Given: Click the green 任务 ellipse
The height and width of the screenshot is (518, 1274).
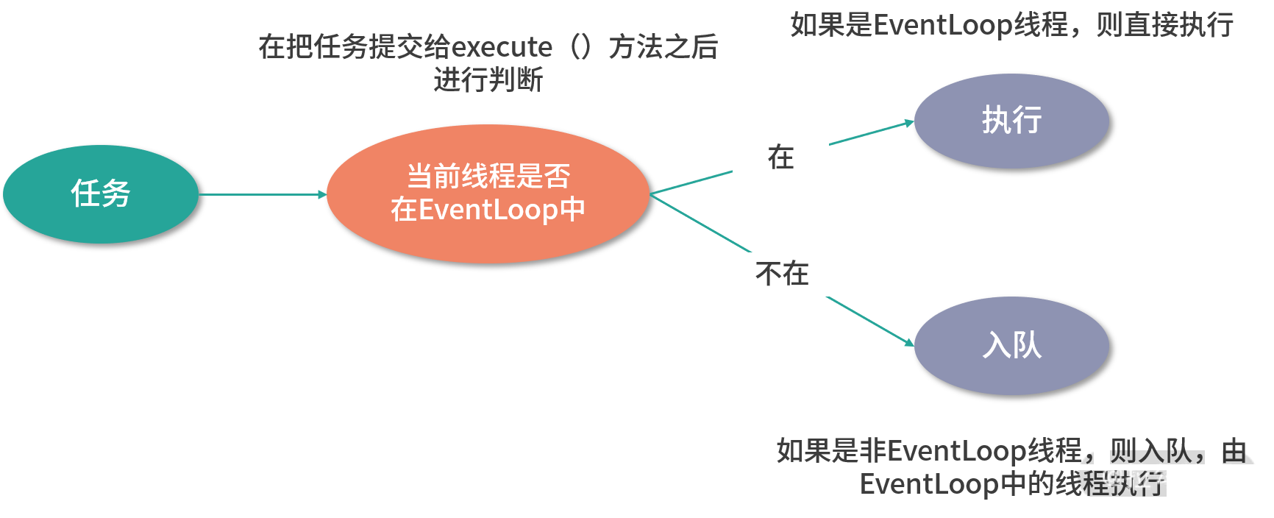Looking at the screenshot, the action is pos(101,194).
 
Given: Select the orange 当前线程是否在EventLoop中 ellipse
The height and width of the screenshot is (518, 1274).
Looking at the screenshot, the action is pos(488,194).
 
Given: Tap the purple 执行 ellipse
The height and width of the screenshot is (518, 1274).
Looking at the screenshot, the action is pos(1011,121).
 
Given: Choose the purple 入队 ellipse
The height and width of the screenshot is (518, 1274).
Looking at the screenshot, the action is pos(1011,345).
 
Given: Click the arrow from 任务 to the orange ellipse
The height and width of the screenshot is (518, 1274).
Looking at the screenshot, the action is pos(262,194).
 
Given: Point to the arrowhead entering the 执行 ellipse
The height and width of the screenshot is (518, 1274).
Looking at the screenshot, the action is pos(910,123).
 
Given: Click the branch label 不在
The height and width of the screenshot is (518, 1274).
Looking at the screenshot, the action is pos(782,274).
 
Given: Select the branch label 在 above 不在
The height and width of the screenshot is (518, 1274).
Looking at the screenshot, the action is pos(780,157).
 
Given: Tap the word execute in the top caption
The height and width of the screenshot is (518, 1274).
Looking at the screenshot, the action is pos(501,48).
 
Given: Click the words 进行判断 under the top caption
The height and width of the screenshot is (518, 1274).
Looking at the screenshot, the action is pos(488,79).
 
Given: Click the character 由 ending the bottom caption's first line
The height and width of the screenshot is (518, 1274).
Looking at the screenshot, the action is pos(1234,450).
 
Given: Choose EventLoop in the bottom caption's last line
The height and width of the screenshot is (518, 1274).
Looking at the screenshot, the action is pos(930,483).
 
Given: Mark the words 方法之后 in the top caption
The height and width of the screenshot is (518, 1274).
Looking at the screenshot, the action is pos(663,48).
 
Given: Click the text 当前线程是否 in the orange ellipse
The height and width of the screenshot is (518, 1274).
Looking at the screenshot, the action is pos(488,177).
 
